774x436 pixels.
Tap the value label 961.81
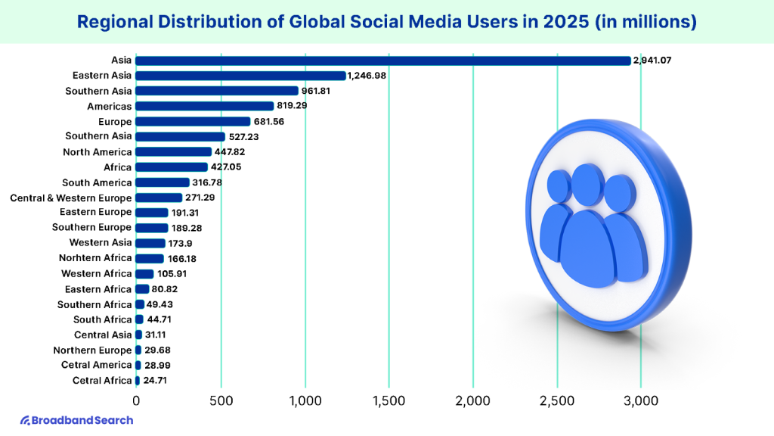coord(320,91)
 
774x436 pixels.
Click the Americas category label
coord(109,107)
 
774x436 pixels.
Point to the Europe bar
coord(193,121)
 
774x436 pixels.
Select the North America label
coord(98,152)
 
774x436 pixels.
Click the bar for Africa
coord(172,167)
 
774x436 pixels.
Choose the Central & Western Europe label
coord(71,198)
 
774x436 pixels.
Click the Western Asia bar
coord(150,243)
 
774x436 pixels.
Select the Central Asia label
coord(103,335)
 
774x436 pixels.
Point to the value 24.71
coord(157,380)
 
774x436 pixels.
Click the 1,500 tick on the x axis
coord(389,400)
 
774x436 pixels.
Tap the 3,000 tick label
coord(641,400)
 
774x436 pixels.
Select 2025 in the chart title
coord(563,23)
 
